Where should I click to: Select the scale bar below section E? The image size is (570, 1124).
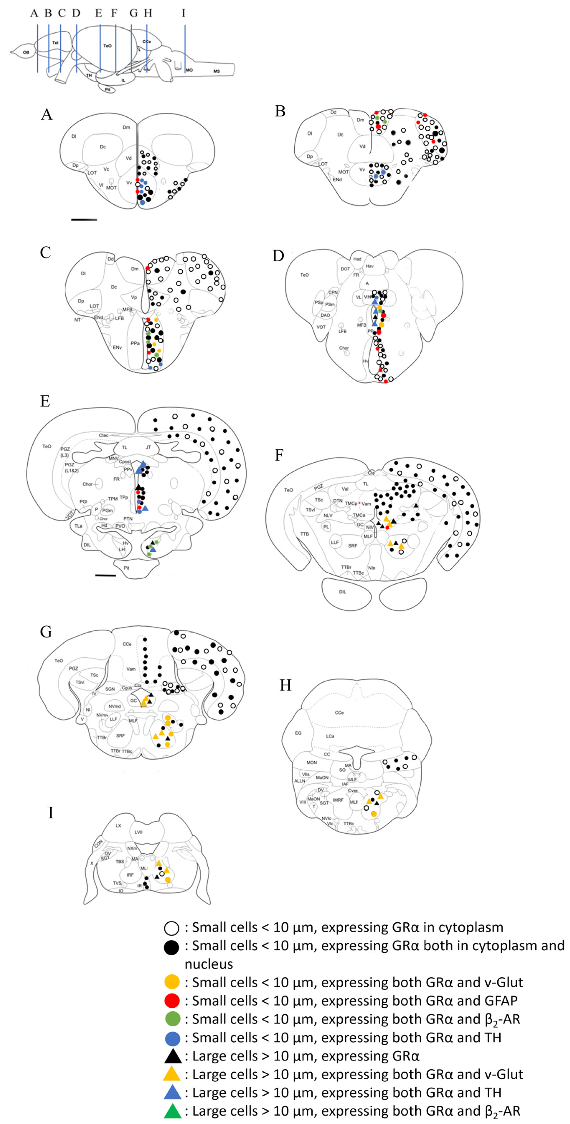tap(106, 575)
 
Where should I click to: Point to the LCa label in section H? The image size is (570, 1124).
tap(330, 736)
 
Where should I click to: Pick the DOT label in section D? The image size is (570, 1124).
tap(345, 269)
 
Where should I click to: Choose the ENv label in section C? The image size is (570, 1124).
tap(117, 347)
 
